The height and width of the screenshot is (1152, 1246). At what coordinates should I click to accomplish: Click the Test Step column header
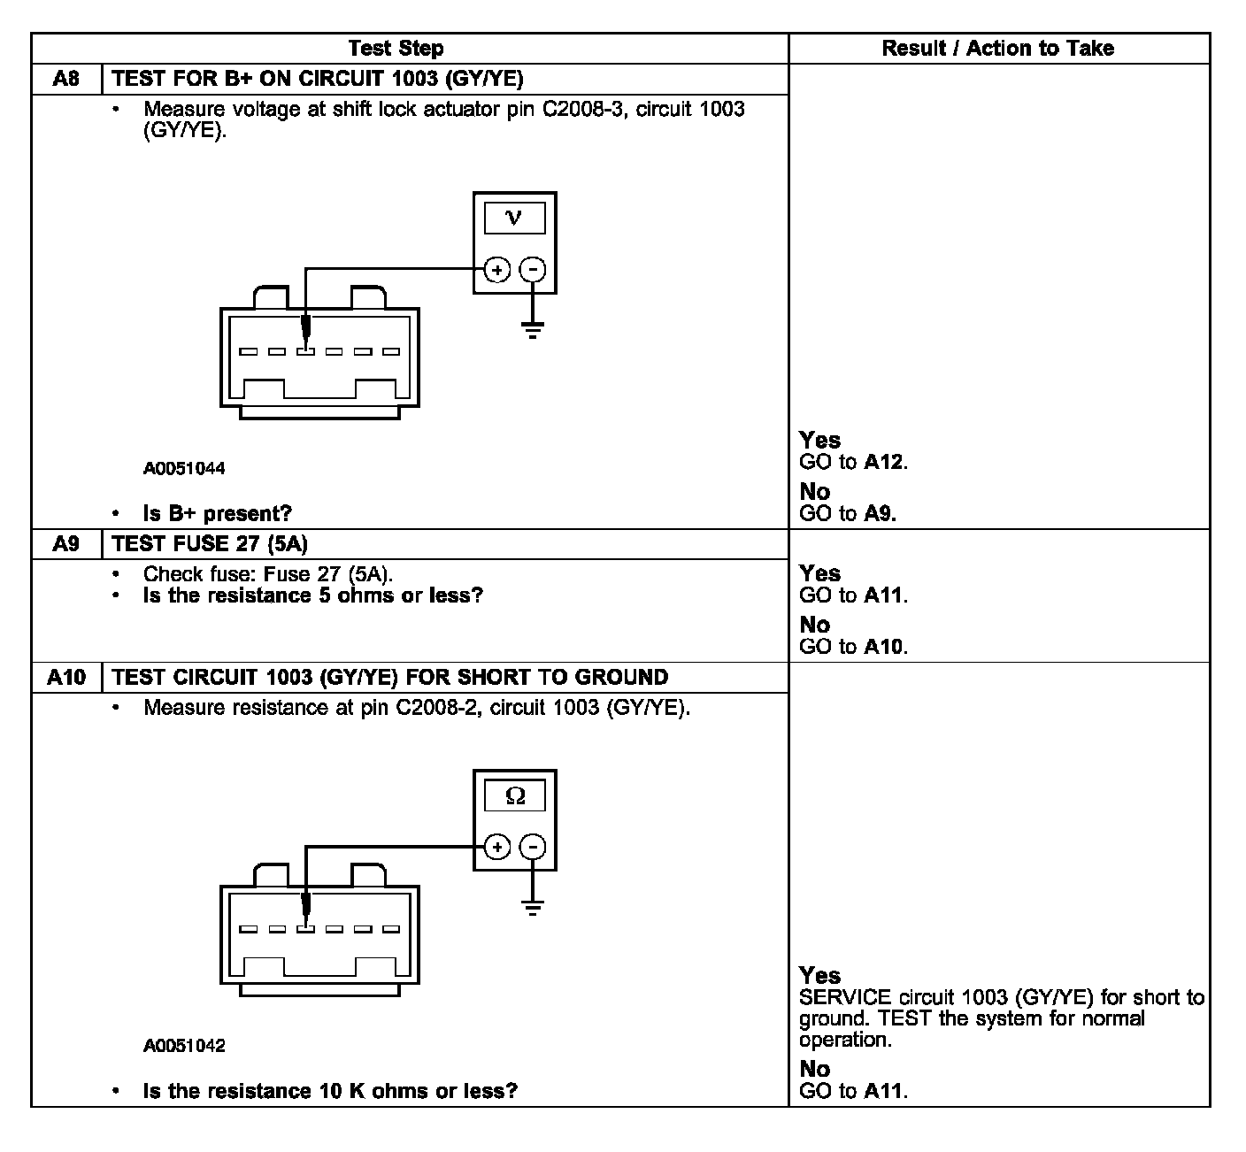coord(396,49)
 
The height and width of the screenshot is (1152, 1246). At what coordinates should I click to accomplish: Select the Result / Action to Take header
coord(997,49)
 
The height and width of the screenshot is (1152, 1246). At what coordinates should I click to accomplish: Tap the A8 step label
coord(66,79)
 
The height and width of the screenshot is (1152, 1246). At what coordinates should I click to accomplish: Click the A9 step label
coord(66,544)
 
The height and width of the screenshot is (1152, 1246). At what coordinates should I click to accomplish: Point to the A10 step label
coord(66,678)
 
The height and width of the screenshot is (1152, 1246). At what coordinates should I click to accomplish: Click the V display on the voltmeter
coord(514,218)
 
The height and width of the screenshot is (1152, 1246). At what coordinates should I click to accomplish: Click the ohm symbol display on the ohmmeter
coord(514,796)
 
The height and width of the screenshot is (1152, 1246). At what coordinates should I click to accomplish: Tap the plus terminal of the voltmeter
coord(497,270)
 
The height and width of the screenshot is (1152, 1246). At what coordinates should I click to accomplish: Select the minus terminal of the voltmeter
coord(532,270)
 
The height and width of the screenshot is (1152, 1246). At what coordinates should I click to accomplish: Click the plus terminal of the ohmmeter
coord(497,848)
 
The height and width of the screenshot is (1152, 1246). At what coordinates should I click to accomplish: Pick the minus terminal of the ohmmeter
coord(532,848)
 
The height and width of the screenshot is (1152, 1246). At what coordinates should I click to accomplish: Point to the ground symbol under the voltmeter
coord(532,332)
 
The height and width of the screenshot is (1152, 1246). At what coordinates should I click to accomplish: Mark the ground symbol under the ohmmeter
coord(532,909)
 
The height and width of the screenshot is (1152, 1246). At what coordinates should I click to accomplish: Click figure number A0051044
coord(184,469)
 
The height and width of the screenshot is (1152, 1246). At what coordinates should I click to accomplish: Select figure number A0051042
coord(184,1046)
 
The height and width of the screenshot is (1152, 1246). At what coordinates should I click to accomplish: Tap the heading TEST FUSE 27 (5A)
coord(211,544)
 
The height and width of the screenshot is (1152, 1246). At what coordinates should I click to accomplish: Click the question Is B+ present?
coord(217,513)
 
